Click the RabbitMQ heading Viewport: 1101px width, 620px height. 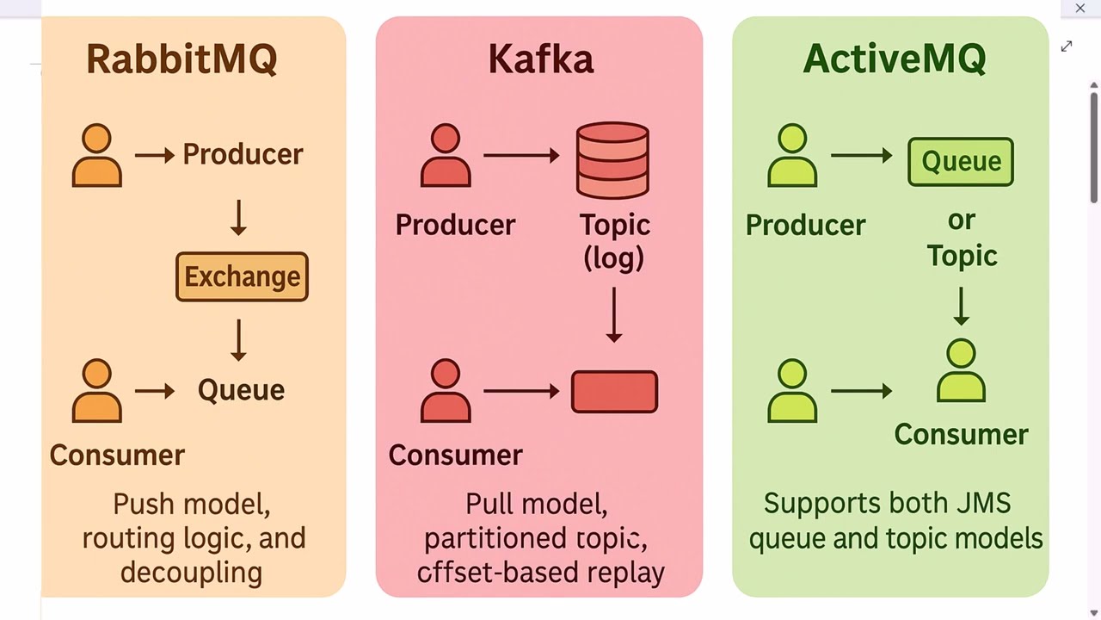click(181, 59)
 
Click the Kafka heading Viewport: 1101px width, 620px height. click(540, 59)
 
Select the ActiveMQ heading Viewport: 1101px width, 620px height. click(894, 59)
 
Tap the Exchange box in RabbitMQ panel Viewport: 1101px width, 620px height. click(242, 276)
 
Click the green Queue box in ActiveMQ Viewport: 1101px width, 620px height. click(961, 162)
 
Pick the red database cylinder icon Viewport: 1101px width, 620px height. click(612, 160)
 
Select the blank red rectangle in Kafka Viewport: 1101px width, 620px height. click(614, 392)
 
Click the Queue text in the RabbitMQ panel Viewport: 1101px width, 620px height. click(241, 390)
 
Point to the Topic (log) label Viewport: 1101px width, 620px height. click(614, 241)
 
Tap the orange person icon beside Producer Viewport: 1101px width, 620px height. click(97, 156)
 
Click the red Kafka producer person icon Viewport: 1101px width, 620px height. click(446, 156)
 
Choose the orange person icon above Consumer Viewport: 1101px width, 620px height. click(97, 391)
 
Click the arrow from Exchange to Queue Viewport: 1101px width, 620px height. click(239, 340)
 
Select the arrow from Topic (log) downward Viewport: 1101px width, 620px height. click(613, 315)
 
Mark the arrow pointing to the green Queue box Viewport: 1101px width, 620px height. click(862, 156)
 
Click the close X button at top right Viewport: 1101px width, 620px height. click(1080, 9)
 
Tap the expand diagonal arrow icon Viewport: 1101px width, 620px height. click(1067, 46)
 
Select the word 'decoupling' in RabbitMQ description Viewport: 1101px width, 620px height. click(191, 573)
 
